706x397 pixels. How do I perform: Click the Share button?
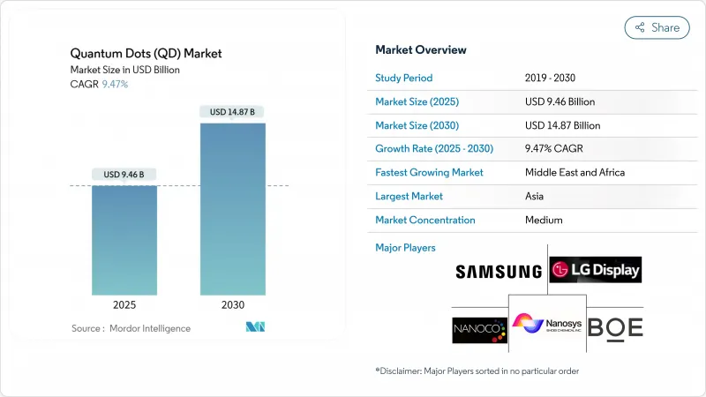pyautogui.click(x=657, y=27)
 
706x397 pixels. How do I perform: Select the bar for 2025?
pyautogui.click(x=124, y=240)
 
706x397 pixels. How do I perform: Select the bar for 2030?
pyautogui.click(x=233, y=209)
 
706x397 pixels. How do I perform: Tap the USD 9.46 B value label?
pyautogui.click(x=124, y=174)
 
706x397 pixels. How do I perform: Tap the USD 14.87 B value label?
pyautogui.click(x=233, y=112)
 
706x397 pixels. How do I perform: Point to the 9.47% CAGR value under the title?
pyautogui.click(x=116, y=84)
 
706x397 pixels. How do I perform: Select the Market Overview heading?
pyautogui.click(x=421, y=49)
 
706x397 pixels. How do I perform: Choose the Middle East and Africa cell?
pyautogui.click(x=575, y=172)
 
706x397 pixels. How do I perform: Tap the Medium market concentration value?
pyautogui.click(x=544, y=220)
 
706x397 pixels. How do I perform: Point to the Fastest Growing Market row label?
pyautogui.click(x=429, y=172)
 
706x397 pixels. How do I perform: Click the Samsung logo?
pyautogui.click(x=499, y=272)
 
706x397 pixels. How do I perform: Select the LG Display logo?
pyautogui.click(x=595, y=269)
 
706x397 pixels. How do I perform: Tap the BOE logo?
pyautogui.click(x=615, y=327)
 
